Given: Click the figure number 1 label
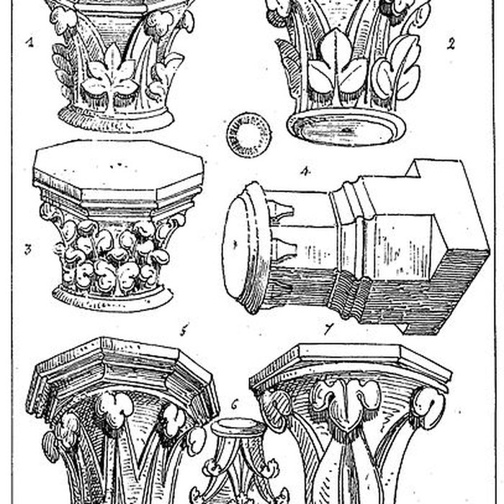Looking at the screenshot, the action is [30, 42].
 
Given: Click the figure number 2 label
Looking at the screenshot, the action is [451, 44].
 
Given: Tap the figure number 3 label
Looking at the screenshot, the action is [28, 249].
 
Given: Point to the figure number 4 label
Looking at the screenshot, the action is [306, 171].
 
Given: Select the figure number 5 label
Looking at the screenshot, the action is [184, 330].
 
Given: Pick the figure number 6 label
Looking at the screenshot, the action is [234, 405].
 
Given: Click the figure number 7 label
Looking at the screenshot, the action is [328, 329].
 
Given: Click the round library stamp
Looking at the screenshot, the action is [249, 135].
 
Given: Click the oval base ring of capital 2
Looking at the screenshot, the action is [346, 127].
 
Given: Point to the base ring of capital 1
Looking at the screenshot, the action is [117, 118].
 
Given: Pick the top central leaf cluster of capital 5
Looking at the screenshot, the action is [114, 408].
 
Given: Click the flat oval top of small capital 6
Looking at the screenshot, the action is [238, 427].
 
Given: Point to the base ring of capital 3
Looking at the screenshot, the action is [112, 298].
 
